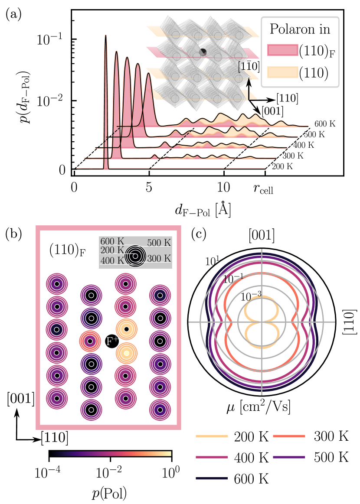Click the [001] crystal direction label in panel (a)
click(x=272, y=111)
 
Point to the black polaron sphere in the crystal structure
click(x=203, y=52)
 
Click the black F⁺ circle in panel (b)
click(x=111, y=341)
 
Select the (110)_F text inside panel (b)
click(x=65, y=251)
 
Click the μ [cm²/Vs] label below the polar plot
click(x=262, y=408)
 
